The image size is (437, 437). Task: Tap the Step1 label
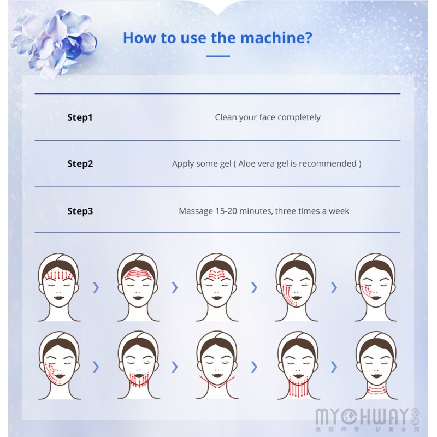coord(80,117)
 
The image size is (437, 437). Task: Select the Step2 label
coord(80,163)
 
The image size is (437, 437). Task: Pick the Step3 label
coord(80,211)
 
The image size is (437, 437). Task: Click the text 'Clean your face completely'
coord(268,117)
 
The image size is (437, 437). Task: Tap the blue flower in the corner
coord(54,43)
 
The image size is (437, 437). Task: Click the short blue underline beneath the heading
coord(218,56)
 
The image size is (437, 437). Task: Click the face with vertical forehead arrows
coord(59,287)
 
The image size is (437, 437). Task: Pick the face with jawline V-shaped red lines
coord(217,365)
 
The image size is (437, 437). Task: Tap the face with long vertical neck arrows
coord(298,365)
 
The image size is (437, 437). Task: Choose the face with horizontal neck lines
coord(376,365)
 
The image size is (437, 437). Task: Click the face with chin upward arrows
coord(139,365)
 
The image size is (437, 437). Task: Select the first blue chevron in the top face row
coord(96,287)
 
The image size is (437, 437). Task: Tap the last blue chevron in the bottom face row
coord(334,367)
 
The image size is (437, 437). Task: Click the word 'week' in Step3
coord(339,211)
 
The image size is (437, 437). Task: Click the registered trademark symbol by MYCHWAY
coord(415,412)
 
